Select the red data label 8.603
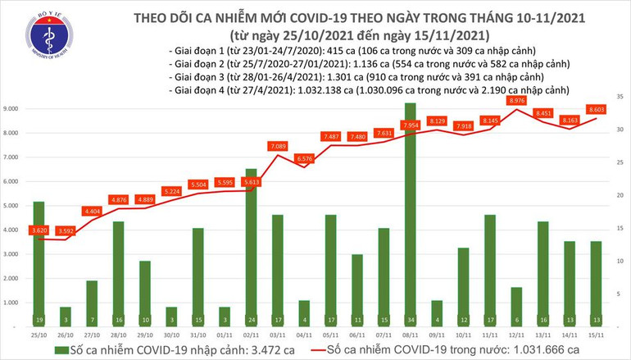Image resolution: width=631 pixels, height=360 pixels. coord(596,108)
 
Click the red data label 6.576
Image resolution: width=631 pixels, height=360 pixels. coord(305,158)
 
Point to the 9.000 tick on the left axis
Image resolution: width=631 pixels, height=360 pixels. coord(12,108)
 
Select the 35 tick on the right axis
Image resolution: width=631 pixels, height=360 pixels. coord(620,98)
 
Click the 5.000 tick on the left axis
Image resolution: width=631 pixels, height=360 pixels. coord(12,206)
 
